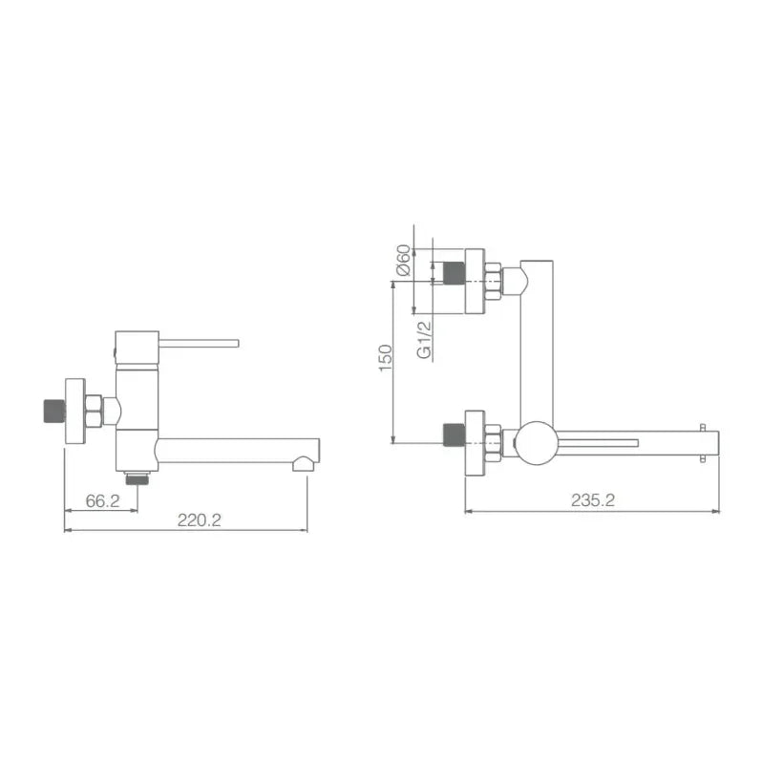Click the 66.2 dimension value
pos(103,501)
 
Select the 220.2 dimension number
pos(200,520)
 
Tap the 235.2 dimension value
pos(593,499)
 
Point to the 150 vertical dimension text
pos(386,357)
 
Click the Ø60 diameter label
pos(404,260)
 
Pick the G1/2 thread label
pos(423,340)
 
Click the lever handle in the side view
pos(199,343)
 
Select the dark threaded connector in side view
pos(54,411)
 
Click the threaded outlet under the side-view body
pos(138,477)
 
